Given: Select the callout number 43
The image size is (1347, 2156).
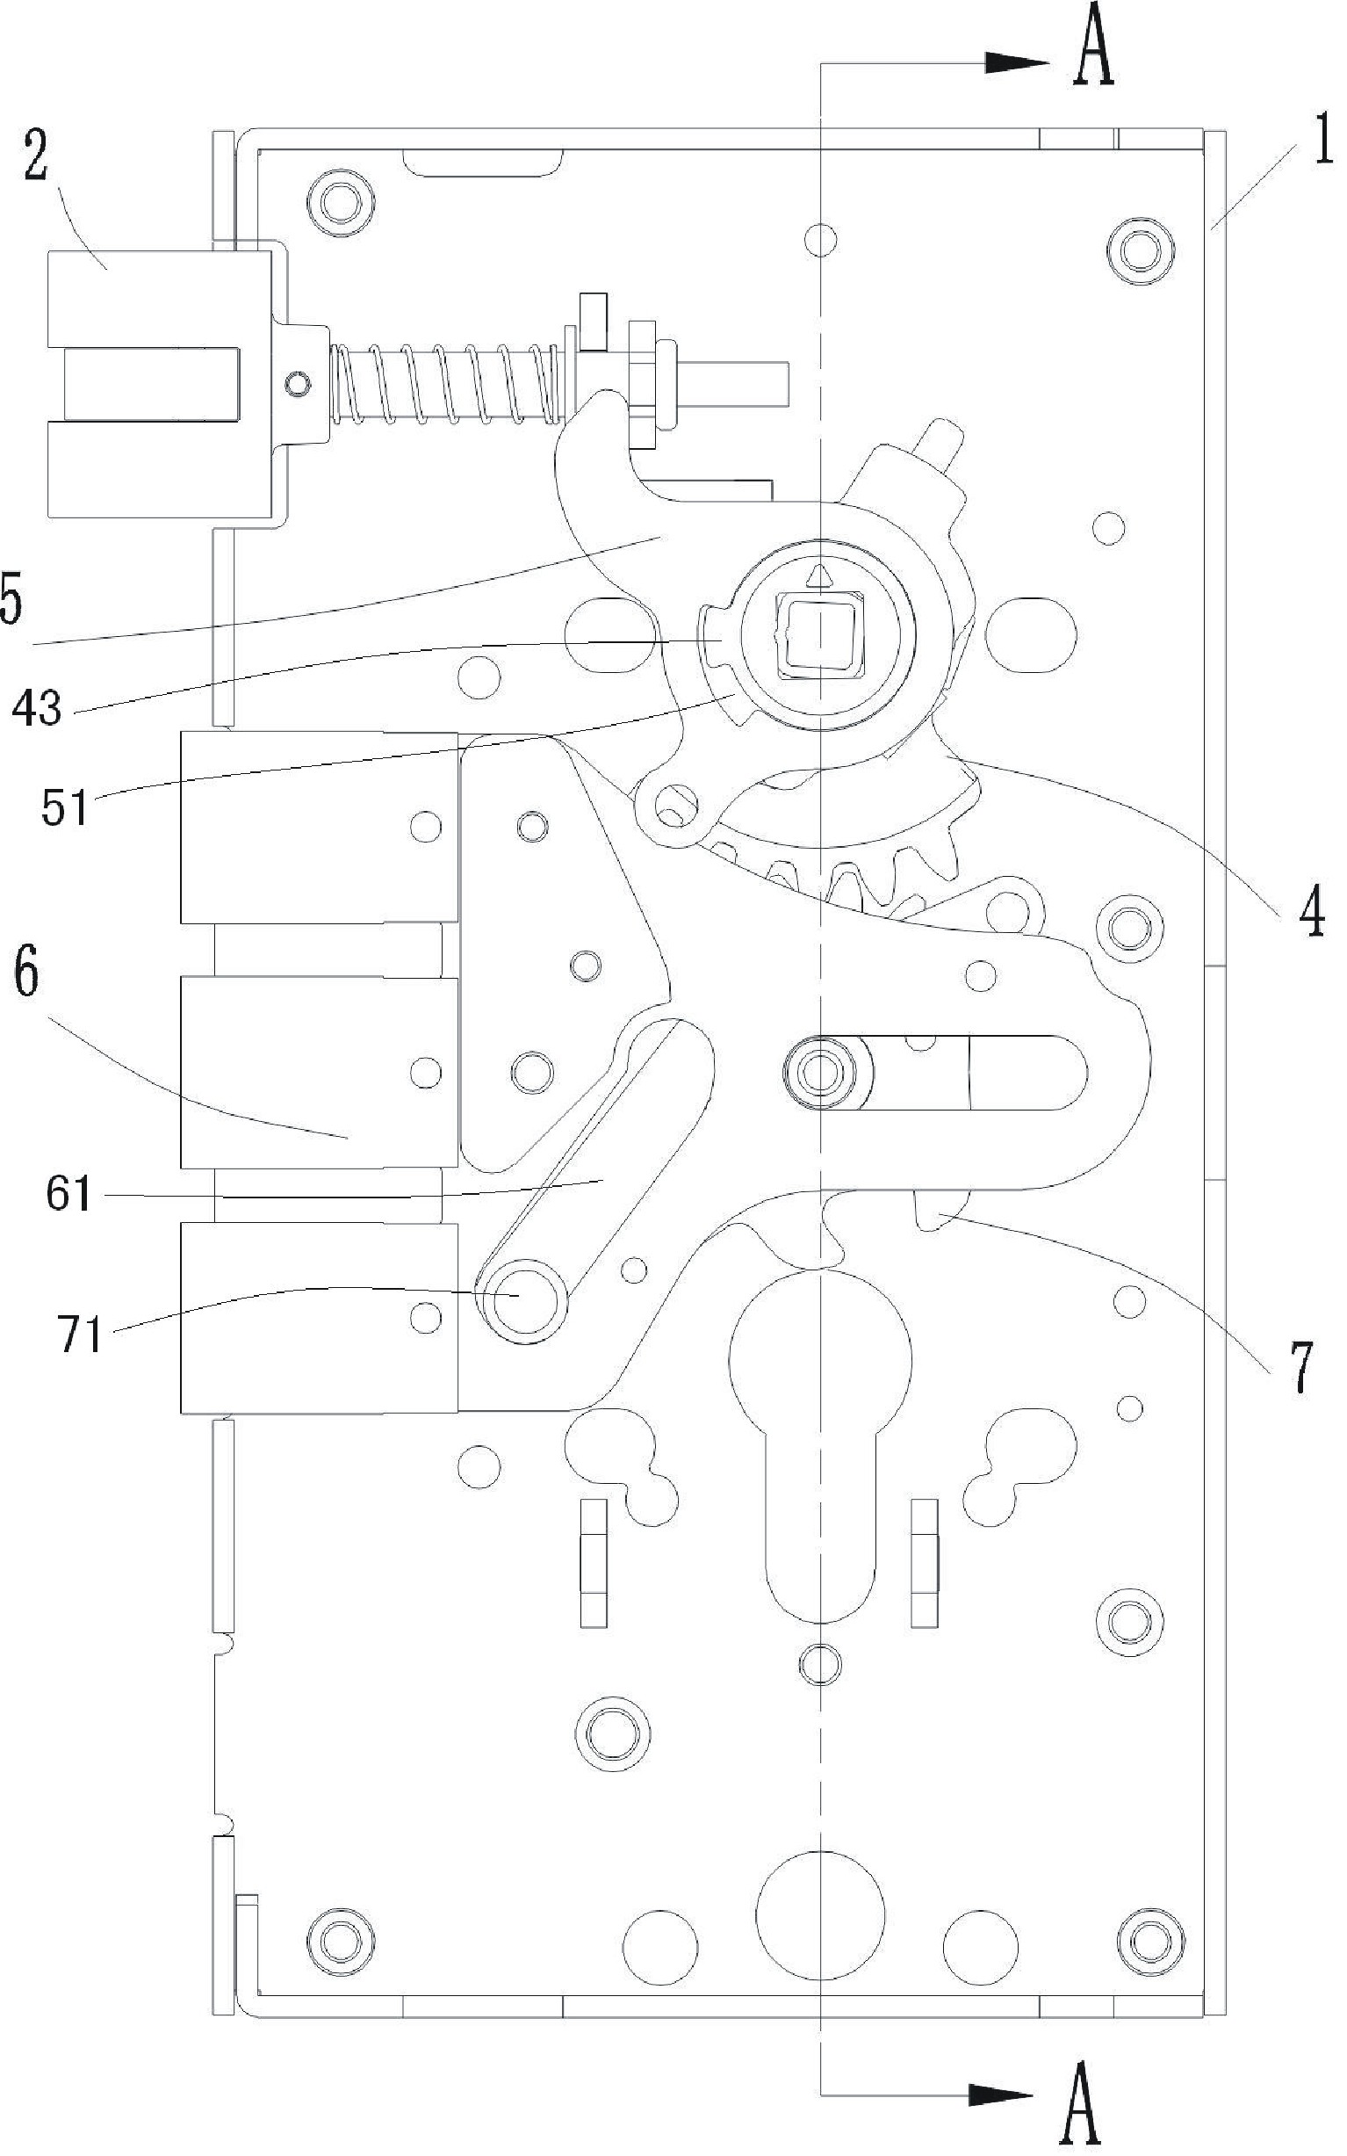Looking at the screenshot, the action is pyautogui.click(x=39, y=710).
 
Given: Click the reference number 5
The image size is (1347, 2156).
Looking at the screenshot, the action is pyautogui.click(x=11, y=602).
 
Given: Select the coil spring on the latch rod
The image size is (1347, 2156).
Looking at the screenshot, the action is pyautogui.click(x=448, y=384).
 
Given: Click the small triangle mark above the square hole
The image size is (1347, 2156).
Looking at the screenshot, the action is pyautogui.click(x=819, y=576).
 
